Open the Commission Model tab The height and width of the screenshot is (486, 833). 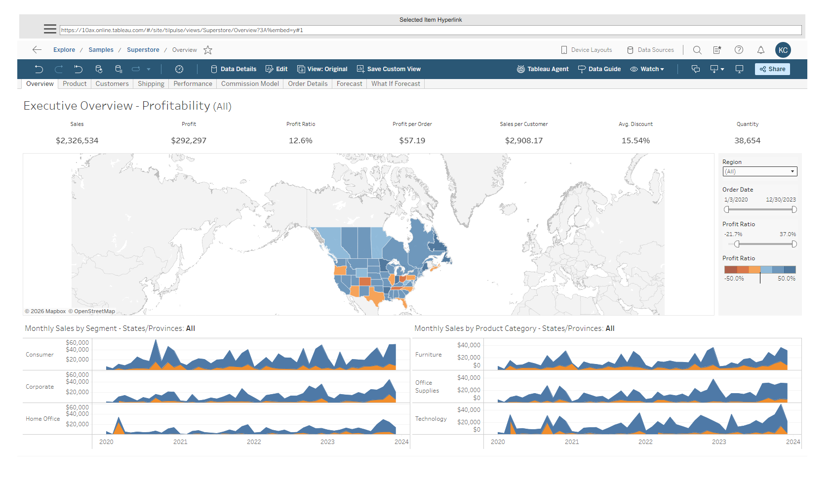pos(250,84)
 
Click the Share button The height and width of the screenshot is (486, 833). pos(772,69)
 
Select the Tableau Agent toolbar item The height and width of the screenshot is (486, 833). pos(543,69)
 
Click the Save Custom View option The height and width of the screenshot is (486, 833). pos(389,69)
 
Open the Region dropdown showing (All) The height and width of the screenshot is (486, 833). pos(759,171)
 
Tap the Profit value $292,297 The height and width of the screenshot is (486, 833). pos(189,141)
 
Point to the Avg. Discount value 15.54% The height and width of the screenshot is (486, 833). pos(635,141)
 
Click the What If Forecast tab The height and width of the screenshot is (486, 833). pos(396,84)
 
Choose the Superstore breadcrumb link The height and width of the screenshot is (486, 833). pos(143,50)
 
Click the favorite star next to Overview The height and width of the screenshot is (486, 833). pos(208,50)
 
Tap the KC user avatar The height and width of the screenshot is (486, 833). pos(783,50)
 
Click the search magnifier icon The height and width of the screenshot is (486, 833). pos(697,50)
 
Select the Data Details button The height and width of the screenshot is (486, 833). pos(234,69)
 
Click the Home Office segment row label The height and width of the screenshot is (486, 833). pos(43,419)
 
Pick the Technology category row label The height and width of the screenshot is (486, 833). pos(431,419)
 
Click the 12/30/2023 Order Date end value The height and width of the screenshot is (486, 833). pos(781,200)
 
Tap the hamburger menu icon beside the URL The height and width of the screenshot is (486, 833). pos(50,29)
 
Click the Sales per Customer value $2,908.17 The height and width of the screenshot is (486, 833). pos(523,141)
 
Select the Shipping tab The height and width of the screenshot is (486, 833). pos(151,84)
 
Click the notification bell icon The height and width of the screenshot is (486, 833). pos(761,50)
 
